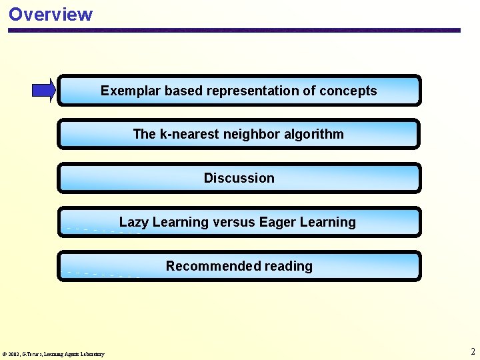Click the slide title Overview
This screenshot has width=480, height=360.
pos(51,14)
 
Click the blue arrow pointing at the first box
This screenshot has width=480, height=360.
pos(44,90)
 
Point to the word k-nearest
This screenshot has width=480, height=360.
pos(190,134)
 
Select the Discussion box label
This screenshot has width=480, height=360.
pos(239,178)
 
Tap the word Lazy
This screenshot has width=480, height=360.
pos(133,222)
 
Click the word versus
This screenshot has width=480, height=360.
pos(233,222)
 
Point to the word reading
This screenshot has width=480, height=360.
pos(288,266)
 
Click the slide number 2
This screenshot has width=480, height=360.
pos(473,351)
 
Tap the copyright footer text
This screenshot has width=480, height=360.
pos(53,354)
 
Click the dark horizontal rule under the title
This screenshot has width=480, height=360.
pos(233,30)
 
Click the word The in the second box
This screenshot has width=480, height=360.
pos(144,134)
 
